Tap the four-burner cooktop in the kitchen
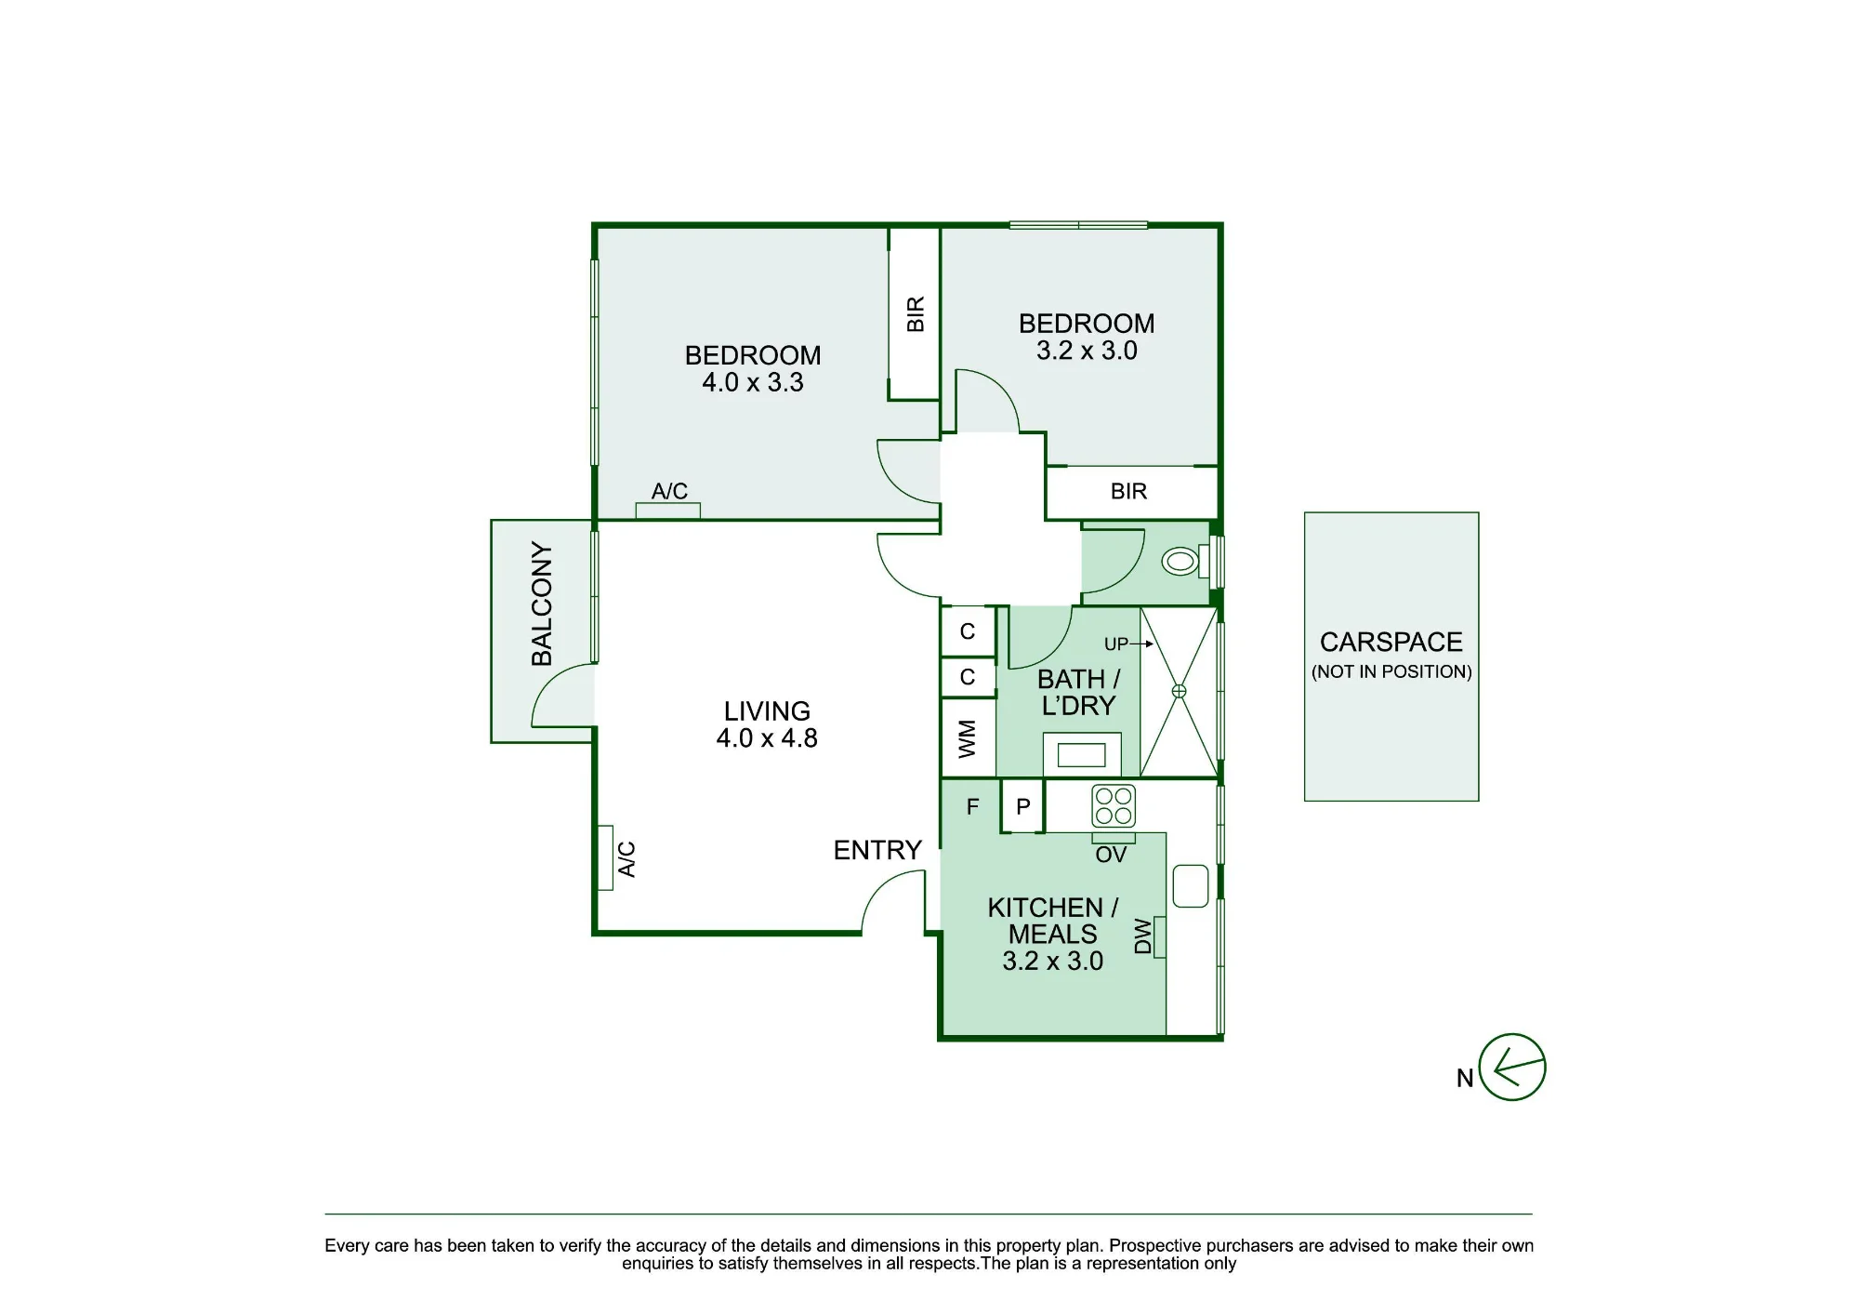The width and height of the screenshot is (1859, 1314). [1114, 806]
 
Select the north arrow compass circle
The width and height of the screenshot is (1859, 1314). [1512, 1067]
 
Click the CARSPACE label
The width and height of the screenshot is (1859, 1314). [1391, 643]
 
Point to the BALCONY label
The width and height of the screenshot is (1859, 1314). [542, 604]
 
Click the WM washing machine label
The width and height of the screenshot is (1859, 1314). [968, 738]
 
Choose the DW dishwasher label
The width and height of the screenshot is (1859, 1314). [1143, 936]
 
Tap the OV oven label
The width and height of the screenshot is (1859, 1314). [1111, 855]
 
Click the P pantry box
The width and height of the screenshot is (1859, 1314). [1023, 805]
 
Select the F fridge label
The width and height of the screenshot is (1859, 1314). [972, 806]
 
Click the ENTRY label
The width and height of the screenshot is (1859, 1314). [877, 850]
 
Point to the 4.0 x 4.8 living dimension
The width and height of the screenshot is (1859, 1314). [767, 738]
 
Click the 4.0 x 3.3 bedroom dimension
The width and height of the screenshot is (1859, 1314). [753, 382]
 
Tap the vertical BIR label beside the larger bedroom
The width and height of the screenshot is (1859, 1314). [916, 314]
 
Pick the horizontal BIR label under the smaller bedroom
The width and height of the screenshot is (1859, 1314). [1129, 491]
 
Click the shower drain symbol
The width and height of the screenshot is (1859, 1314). [1179, 691]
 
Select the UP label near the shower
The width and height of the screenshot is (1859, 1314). [1115, 644]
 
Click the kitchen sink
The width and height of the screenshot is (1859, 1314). [1191, 886]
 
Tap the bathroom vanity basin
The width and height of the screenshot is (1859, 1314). [1082, 754]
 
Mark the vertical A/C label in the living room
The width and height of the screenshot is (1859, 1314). [627, 859]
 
